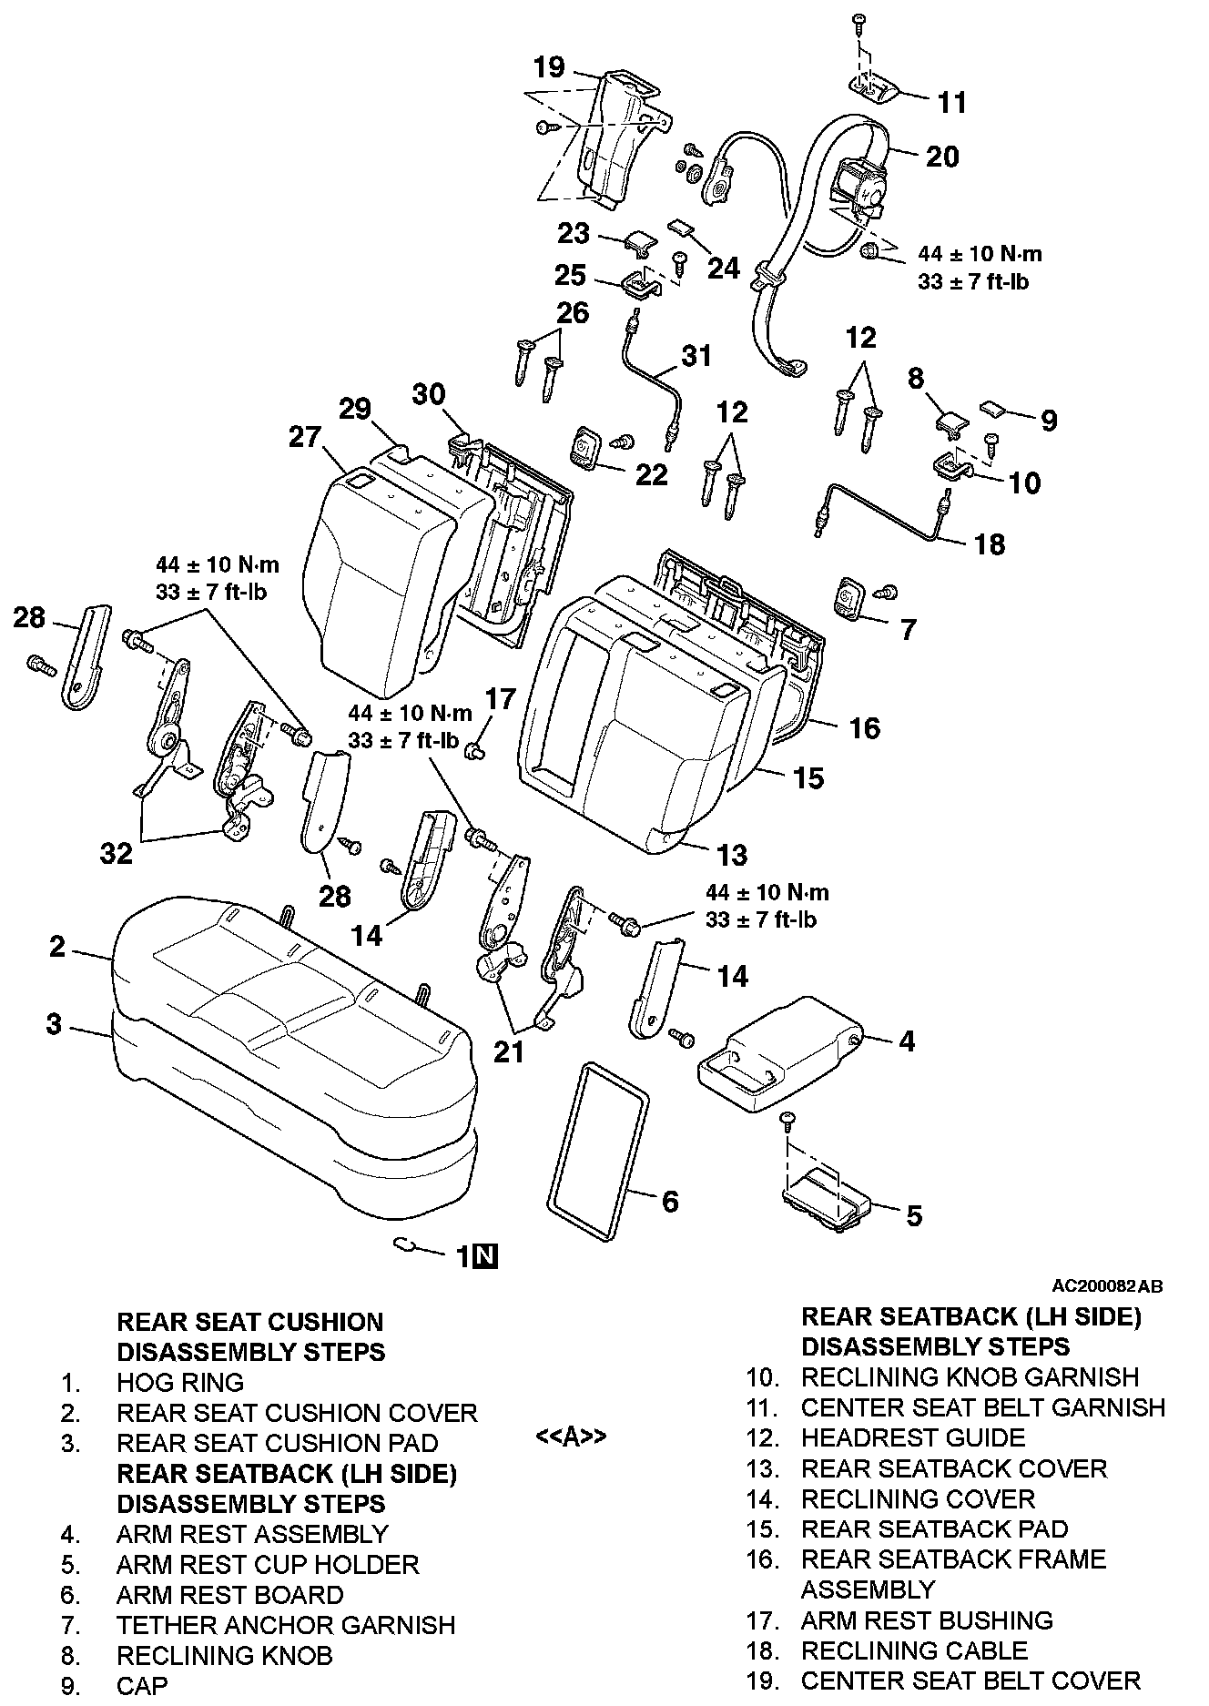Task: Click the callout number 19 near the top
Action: pyautogui.click(x=550, y=67)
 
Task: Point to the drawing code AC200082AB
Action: pyautogui.click(x=1107, y=1286)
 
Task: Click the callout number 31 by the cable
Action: pyautogui.click(x=696, y=355)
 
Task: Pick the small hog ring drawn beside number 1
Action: pyautogui.click(x=405, y=1245)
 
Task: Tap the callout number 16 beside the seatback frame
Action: pyautogui.click(x=865, y=727)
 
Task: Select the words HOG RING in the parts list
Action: pyautogui.click(x=180, y=1382)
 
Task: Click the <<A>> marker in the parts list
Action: pyautogui.click(x=571, y=1437)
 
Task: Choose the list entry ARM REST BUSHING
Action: pyautogui.click(x=927, y=1620)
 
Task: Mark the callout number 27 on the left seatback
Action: pyautogui.click(x=307, y=437)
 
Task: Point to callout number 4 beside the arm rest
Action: pyautogui.click(x=907, y=1041)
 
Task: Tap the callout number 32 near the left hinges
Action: pyautogui.click(x=117, y=853)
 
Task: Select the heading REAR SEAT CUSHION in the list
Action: pyautogui.click(x=250, y=1322)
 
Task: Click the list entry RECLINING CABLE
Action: pyautogui.click(x=914, y=1650)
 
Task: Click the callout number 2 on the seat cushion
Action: pyautogui.click(x=57, y=947)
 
